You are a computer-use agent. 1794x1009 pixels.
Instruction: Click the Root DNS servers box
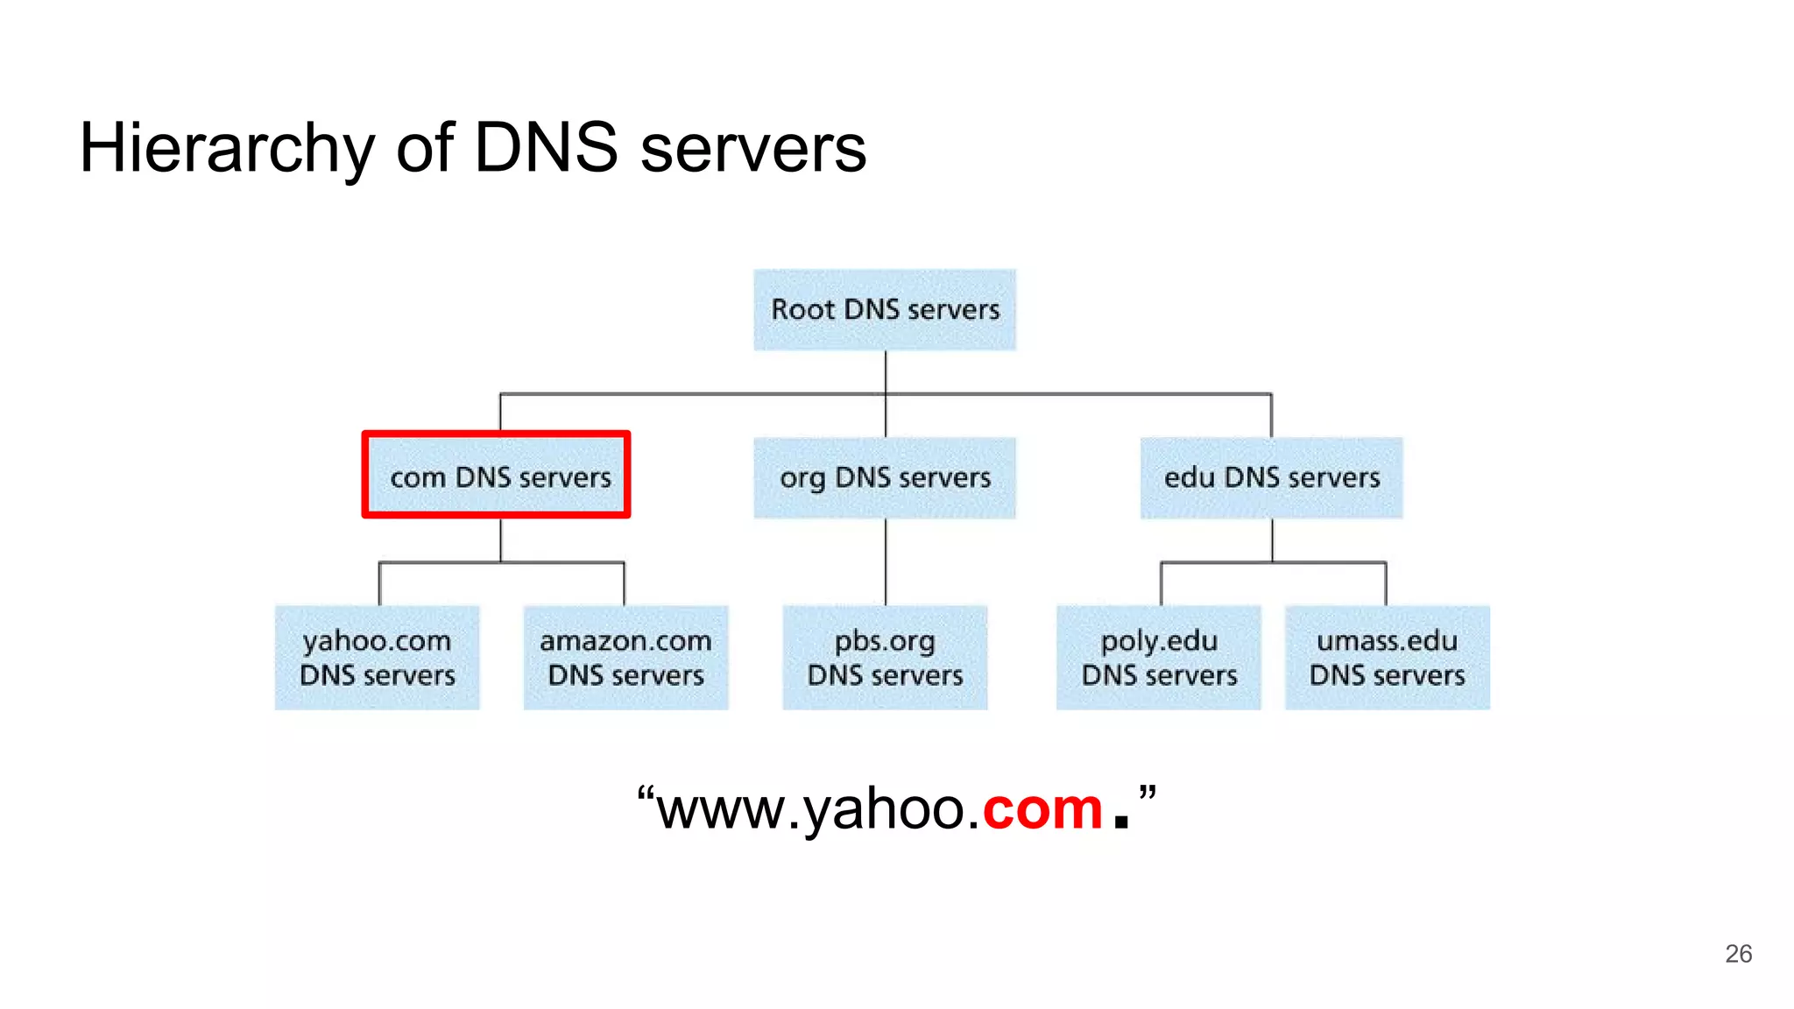(885, 310)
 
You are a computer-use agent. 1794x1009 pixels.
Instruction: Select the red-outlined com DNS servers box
(497, 476)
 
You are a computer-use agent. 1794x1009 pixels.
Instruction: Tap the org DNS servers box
(885, 478)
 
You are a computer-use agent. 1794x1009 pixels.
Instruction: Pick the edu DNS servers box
(1271, 478)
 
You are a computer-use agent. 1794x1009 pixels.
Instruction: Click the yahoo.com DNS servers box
(378, 658)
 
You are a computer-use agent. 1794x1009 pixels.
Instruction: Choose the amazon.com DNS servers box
(625, 658)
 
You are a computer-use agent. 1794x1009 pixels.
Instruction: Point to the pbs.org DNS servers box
(885, 658)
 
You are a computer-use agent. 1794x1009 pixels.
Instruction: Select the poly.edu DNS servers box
(1159, 658)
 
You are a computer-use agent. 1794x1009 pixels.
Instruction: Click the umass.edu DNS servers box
(1387, 658)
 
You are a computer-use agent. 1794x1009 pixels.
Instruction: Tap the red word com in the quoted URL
(1042, 809)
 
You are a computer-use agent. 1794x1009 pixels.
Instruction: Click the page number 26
(1738, 954)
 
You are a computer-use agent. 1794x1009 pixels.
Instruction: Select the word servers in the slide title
(753, 149)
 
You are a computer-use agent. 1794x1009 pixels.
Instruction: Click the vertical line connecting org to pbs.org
(886, 561)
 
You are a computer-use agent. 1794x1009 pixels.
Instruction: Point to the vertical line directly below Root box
(886, 371)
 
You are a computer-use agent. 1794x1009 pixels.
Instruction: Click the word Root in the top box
(802, 310)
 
